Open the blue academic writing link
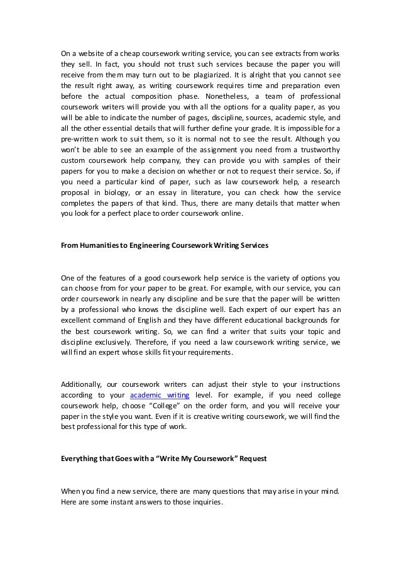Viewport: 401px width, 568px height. point(154,394)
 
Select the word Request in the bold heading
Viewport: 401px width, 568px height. point(249,459)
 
